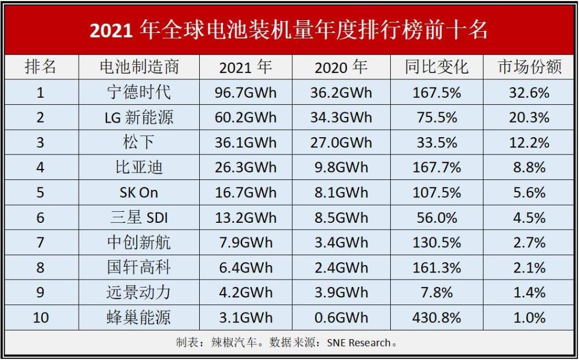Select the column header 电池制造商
(x=139, y=67)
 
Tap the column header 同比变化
(x=437, y=67)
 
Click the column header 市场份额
(x=530, y=67)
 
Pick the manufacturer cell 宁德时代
(x=139, y=93)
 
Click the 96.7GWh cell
(x=245, y=93)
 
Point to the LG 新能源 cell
(x=139, y=117)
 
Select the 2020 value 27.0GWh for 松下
(x=341, y=142)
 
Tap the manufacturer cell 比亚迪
(x=139, y=168)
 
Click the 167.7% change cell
(x=437, y=168)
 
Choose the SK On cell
(x=139, y=193)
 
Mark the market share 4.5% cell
(x=530, y=218)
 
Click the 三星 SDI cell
(x=139, y=218)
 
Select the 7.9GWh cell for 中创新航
(x=245, y=243)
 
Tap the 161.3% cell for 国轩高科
(x=437, y=267)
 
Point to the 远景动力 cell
(x=139, y=292)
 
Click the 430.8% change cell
(x=437, y=317)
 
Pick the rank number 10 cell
(x=41, y=317)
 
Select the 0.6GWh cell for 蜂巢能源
(x=341, y=317)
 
